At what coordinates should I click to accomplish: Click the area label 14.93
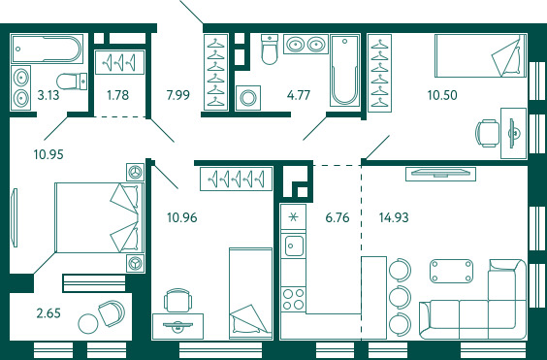(394, 217)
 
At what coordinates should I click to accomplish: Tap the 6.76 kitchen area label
(337, 217)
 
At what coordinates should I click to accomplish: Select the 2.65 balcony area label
(48, 312)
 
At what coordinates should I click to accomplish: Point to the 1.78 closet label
(118, 95)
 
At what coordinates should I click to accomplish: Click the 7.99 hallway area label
(177, 95)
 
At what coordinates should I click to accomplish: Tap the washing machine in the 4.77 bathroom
(247, 98)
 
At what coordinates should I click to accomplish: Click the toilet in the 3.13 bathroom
(72, 81)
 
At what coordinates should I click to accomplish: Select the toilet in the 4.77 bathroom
(269, 49)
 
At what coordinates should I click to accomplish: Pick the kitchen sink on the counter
(294, 245)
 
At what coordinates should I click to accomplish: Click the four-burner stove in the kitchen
(293, 299)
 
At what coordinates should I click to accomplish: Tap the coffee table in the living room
(451, 271)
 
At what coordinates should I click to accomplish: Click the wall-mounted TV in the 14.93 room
(440, 174)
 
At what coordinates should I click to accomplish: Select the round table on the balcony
(88, 324)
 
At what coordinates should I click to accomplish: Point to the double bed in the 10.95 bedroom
(100, 217)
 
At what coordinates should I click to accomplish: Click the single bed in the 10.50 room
(480, 55)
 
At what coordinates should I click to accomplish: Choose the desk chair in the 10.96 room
(177, 300)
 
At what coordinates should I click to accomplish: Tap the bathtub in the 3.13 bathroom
(47, 49)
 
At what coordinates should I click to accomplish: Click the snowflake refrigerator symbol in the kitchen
(294, 216)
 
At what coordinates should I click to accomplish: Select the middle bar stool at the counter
(401, 297)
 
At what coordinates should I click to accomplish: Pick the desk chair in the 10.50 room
(487, 133)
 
